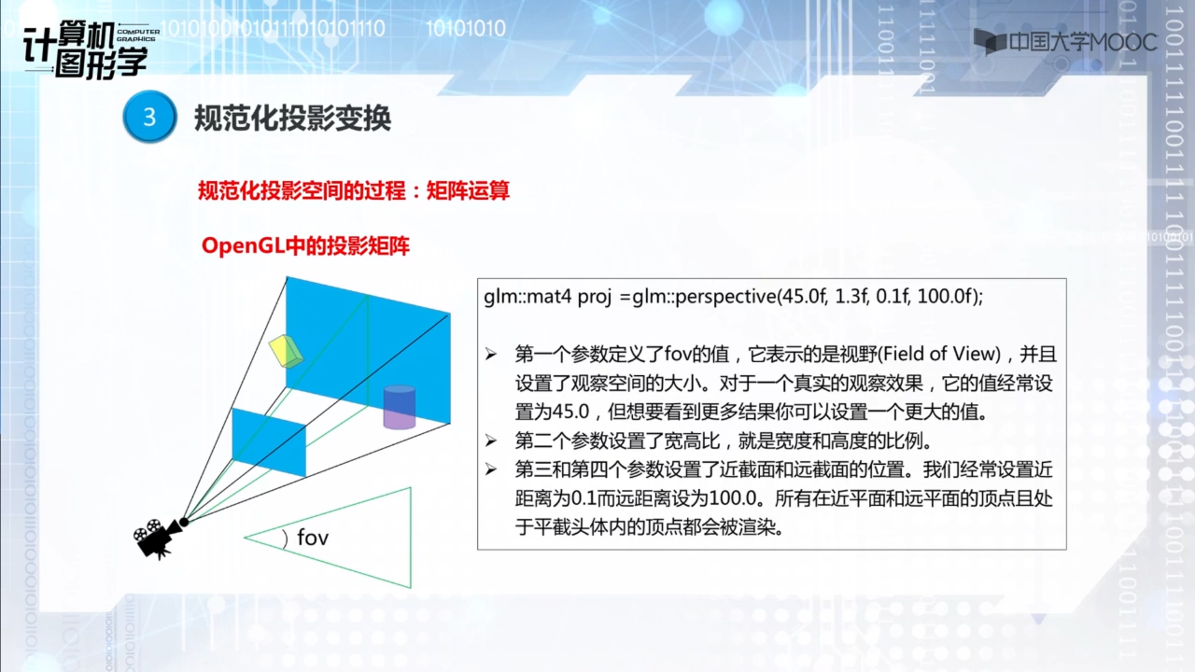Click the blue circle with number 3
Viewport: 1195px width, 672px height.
point(149,117)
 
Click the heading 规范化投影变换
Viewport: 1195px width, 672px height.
point(293,118)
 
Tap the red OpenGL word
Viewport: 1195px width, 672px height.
point(243,246)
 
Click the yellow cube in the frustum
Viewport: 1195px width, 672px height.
point(286,351)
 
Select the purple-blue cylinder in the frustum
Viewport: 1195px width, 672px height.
point(399,408)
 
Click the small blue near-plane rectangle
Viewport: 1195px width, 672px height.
point(269,442)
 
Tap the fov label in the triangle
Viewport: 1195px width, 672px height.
point(312,537)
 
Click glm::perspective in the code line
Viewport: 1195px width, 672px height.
point(704,297)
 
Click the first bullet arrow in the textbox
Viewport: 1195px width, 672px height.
point(491,355)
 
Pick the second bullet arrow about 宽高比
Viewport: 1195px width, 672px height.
point(491,441)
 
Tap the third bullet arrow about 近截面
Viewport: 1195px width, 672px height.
point(491,470)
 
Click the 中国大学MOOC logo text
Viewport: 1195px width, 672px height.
point(1083,42)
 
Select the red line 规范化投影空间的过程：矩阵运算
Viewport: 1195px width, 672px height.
point(354,190)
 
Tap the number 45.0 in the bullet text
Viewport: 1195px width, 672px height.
point(570,412)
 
